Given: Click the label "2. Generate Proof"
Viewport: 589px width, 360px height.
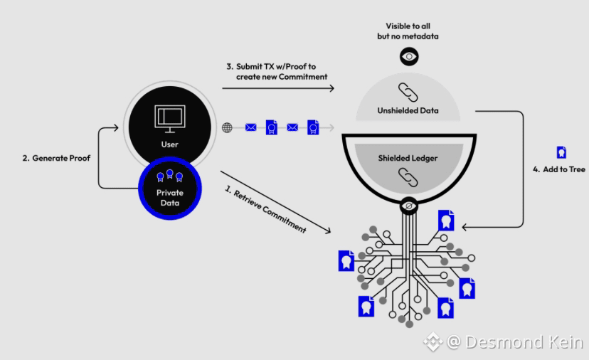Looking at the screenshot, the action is (x=56, y=158).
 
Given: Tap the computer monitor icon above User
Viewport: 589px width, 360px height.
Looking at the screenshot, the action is (x=170, y=119).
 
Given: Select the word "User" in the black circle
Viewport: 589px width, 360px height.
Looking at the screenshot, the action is (x=170, y=144).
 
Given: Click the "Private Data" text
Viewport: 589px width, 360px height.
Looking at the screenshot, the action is (x=170, y=198).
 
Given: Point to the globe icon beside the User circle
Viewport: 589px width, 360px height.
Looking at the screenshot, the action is (x=227, y=128).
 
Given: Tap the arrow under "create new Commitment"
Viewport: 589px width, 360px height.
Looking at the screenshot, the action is (x=278, y=88).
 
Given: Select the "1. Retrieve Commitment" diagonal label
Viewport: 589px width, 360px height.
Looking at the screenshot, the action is (x=265, y=209).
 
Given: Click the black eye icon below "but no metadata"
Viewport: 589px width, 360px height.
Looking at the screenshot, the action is (x=409, y=57).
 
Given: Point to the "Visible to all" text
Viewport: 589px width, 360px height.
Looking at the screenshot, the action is (x=408, y=26).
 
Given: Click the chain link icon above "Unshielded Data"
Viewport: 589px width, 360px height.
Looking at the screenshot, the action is (x=408, y=92).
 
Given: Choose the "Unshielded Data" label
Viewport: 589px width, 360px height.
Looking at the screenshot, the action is (x=408, y=110).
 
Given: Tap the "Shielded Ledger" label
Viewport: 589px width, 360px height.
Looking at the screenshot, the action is (x=408, y=158).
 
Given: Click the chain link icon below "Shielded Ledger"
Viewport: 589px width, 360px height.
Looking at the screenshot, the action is (x=408, y=177).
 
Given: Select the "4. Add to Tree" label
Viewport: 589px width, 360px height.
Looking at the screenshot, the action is (x=559, y=169).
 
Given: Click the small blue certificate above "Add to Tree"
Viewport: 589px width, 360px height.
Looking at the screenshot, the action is (x=561, y=152).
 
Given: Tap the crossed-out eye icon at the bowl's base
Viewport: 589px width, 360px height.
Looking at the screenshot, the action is (x=409, y=206).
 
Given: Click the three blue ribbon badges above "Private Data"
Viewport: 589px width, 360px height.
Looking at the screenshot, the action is (x=170, y=176).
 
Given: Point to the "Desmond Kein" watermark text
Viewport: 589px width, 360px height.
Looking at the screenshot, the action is (x=524, y=342).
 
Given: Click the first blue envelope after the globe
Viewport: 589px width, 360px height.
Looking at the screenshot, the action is (x=251, y=128).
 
